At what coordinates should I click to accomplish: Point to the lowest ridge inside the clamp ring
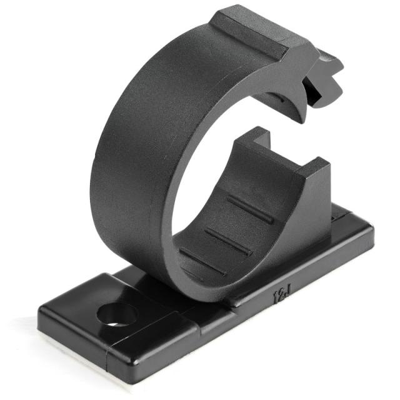(x=202, y=261)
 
